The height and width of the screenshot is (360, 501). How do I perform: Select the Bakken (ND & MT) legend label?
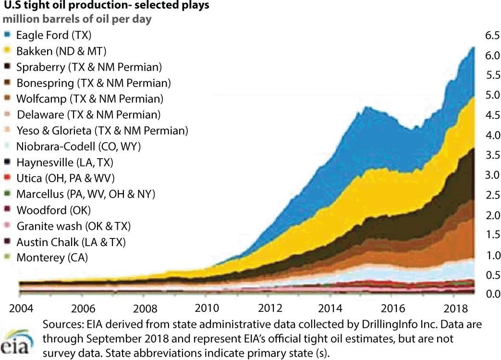tap(61, 51)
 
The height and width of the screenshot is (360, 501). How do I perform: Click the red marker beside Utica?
tap(7, 177)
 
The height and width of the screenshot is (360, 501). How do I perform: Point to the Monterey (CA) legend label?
tap(52, 257)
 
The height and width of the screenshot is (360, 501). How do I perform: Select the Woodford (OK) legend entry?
tap(53, 210)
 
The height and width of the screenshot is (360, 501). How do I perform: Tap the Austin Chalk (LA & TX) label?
tap(72, 241)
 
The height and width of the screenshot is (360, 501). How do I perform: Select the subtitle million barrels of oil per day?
tap(79, 21)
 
